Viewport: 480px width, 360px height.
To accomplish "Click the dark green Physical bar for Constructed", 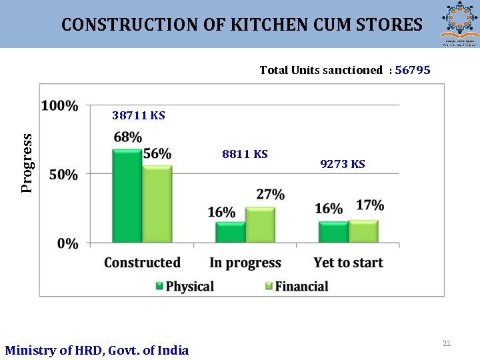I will (x=127, y=197).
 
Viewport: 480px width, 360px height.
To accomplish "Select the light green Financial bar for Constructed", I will (x=157, y=205).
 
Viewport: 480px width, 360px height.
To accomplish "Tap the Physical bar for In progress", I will (x=230, y=232).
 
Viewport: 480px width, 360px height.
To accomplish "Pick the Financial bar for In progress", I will (x=260, y=225).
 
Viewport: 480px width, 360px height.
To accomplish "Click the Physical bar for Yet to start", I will (x=333, y=232).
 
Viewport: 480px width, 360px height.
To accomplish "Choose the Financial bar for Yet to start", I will (x=363, y=231).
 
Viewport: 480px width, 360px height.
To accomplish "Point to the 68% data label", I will (x=127, y=137).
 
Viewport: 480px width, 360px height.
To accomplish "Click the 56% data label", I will (x=157, y=154).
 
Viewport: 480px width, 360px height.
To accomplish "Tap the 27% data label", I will (x=270, y=195).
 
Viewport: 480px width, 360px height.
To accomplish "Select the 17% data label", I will (x=370, y=205).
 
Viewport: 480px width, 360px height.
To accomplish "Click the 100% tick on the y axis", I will (x=59, y=106).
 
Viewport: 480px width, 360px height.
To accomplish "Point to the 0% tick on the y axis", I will (x=67, y=244).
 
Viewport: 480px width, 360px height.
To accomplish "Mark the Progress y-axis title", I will (x=27, y=163).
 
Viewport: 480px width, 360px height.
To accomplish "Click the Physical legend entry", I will (x=185, y=286).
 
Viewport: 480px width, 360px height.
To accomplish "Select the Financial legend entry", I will (x=297, y=286).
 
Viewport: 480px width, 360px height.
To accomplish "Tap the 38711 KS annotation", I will (x=139, y=116).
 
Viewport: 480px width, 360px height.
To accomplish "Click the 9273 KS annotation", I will (x=343, y=165).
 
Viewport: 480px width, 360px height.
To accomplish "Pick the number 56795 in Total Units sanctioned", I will (x=413, y=70).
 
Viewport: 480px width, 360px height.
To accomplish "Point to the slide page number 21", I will (x=447, y=343).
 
